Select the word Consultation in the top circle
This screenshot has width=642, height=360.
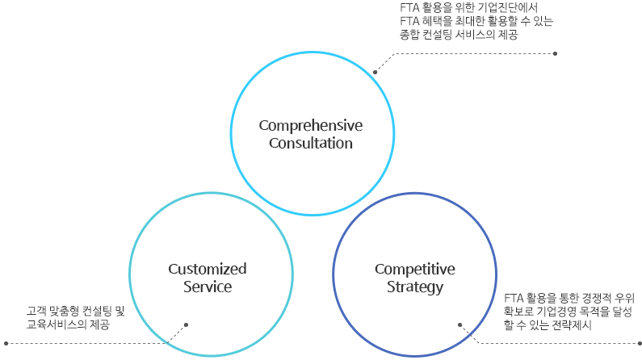point(310,144)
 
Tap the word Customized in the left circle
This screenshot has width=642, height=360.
point(208,269)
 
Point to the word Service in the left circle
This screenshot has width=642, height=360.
point(208,287)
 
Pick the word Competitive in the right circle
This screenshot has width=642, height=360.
point(414,269)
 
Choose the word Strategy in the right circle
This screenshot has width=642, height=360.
point(414,287)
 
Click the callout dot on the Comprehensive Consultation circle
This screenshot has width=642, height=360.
point(376,72)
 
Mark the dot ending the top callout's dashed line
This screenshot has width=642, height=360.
point(556,53)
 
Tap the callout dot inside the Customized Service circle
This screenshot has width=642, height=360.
point(187,325)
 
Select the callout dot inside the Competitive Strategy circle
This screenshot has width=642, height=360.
point(460,325)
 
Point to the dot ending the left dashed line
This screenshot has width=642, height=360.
point(6,343)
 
